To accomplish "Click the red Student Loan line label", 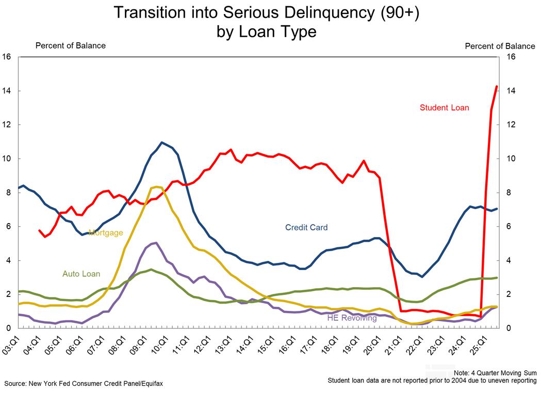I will pyautogui.click(x=444, y=108).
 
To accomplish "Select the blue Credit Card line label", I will pyautogui.click(x=306, y=227).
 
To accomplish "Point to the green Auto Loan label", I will pyautogui.click(x=81, y=274).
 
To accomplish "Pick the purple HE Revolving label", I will pyautogui.click(x=352, y=318).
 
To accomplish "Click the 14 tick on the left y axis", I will pyautogui.click(x=7, y=91).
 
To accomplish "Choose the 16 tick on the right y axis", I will pyautogui.click(x=511, y=57).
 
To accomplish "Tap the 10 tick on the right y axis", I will pyautogui.click(x=511, y=159).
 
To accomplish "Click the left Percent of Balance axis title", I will pyautogui.click(x=70, y=45).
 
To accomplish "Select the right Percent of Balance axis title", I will pyautogui.click(x=500, y=46).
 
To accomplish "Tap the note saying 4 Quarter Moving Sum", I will pyautogui.click(x=495, y=373).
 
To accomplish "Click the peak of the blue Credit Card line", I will pyautogui.click(x=162, y=142).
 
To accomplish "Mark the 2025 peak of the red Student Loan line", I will pyautogui.click(x=497, y=86).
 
